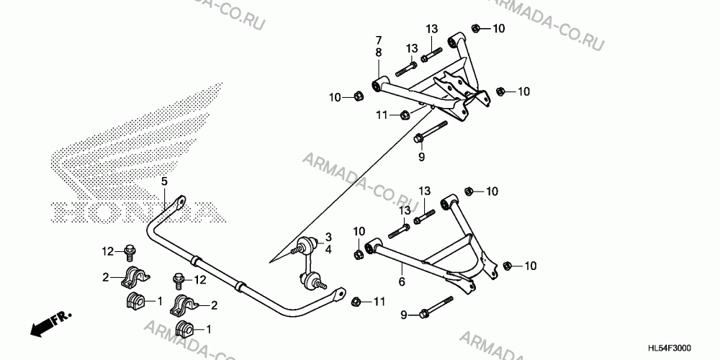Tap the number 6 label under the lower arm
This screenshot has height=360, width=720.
pos(402,281)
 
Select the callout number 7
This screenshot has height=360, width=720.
pos(379,40)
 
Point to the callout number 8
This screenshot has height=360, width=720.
pos(379,53)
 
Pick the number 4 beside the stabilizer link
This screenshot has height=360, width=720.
pos(329,251)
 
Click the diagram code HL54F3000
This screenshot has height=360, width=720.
pos(670,348)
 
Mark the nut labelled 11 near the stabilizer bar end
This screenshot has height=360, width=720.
pos(355,302)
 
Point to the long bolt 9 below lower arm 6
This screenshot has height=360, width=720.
pos(436,307)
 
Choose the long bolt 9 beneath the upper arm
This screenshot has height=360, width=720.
pos(431,130)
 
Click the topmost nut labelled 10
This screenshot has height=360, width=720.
pos(476,29)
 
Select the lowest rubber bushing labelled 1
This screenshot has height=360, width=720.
pos(185,329)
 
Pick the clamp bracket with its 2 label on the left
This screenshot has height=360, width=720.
pos(135,277)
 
